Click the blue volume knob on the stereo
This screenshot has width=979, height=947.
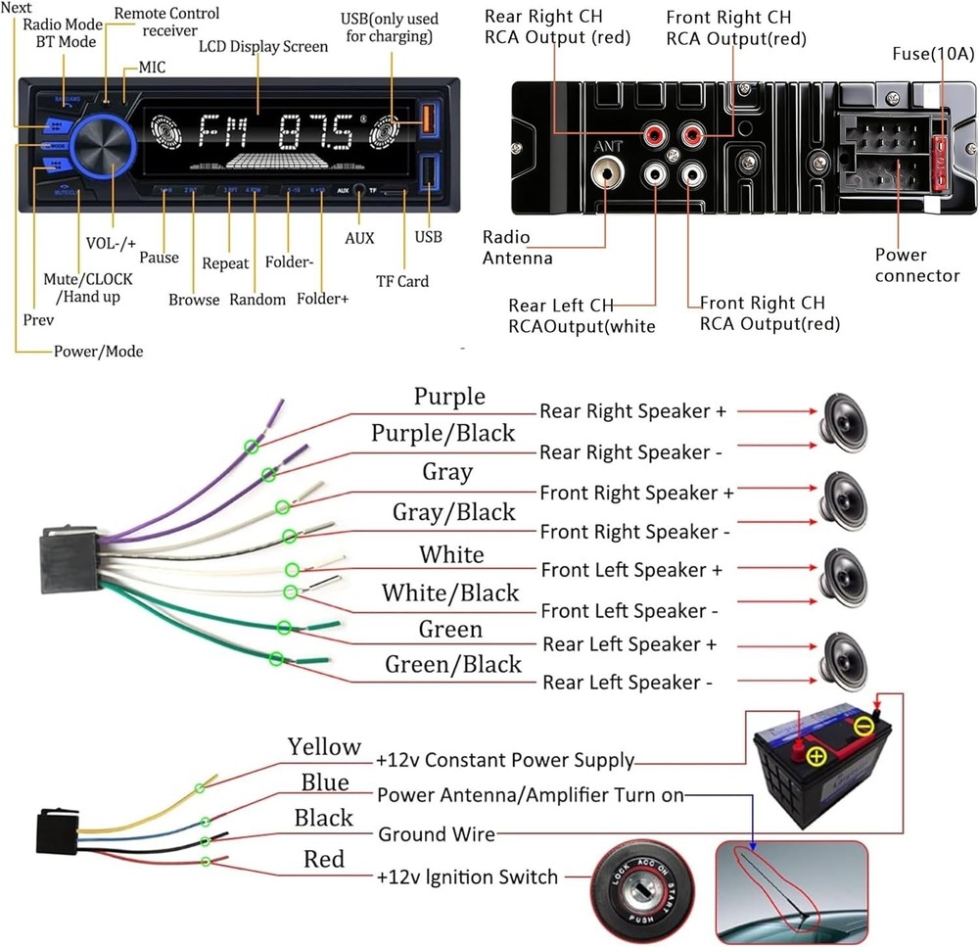[101, 148]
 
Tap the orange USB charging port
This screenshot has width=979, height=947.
[427, 119]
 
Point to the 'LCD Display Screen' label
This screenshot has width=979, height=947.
[263, 47]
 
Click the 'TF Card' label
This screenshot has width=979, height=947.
[402, 281]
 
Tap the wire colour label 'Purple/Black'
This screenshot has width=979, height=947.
[443, 433]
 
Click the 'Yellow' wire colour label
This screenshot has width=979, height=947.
[324, 746]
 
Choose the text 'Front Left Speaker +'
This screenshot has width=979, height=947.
[631, 570]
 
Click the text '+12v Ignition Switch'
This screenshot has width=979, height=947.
[467, 876]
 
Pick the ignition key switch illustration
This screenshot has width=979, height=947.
[642, 882]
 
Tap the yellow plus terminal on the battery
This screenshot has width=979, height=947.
[815, 754]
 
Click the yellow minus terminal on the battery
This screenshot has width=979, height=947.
[863, 726]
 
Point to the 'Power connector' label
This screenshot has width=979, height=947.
[916, 265]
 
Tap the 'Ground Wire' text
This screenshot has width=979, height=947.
[437, 834]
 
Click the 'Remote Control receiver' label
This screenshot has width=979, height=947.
[166, 22]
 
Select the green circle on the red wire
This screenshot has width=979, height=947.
[206, 862]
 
